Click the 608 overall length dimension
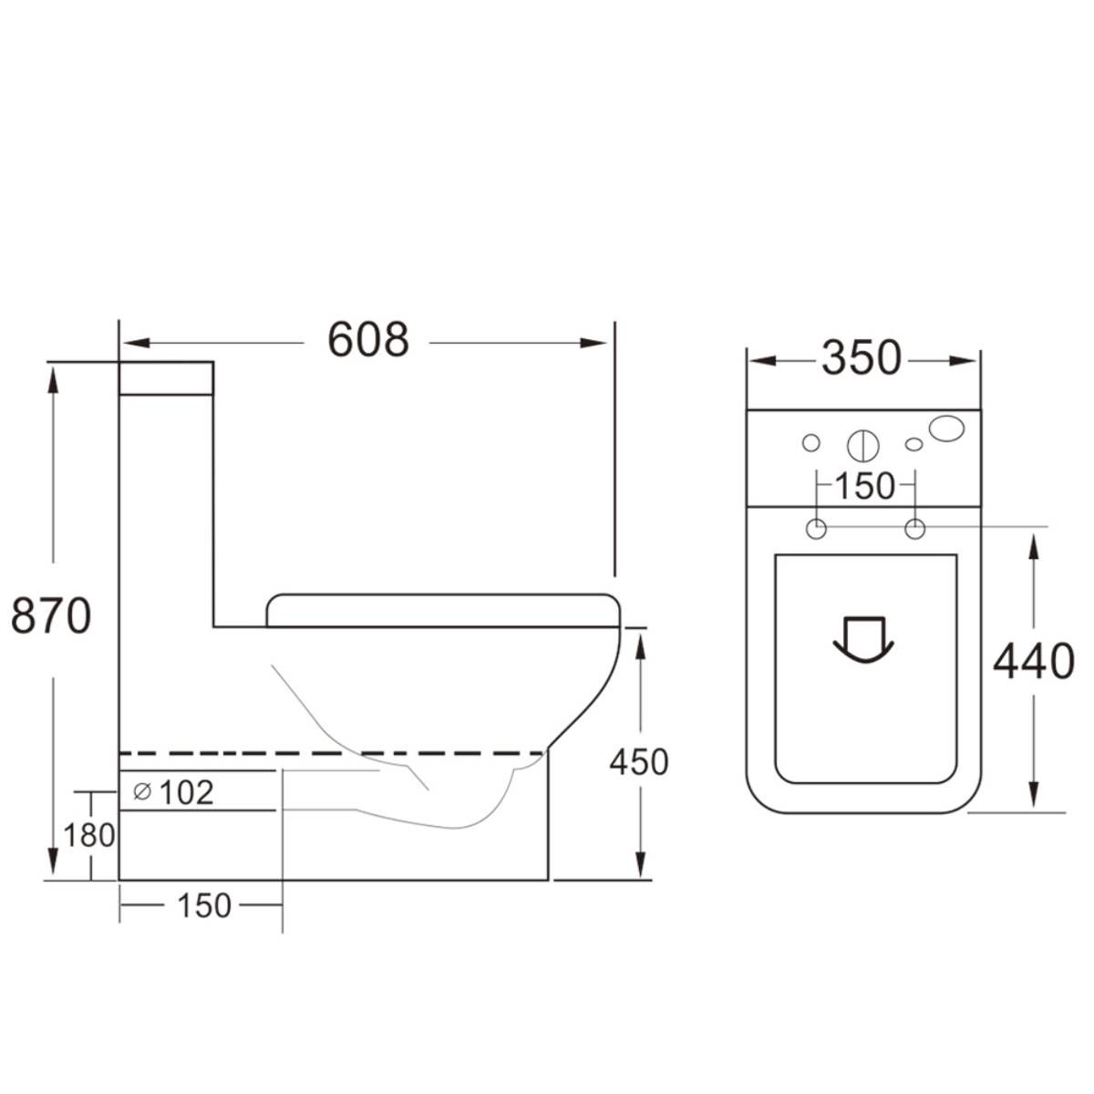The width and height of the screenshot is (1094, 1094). tap(368, 341)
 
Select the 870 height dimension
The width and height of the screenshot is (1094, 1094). tap(51, 616)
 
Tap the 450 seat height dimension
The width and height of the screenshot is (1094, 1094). tap(639, 762)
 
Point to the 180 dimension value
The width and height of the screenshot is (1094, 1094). tap(89, 834)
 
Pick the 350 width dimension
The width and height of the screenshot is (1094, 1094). tap(862, 358)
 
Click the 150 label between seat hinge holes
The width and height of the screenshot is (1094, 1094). tap(865, 487)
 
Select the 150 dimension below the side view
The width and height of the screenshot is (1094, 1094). tap(203, 905)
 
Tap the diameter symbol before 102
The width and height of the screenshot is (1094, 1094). tap(142, 792)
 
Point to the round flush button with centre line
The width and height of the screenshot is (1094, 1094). tap(862, 445)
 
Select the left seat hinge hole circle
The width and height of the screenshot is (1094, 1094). tap(816, 528)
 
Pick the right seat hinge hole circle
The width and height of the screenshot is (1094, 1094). tap(914, 528)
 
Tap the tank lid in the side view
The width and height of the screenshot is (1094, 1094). tap(166, 377)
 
